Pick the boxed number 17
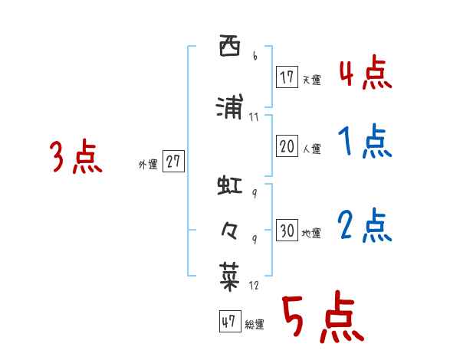tap(287, 77)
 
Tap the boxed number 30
tap(287, 231)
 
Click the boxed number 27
tap(173, 162)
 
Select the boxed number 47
tap(228, 322)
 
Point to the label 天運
tap(311, 80)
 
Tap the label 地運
tap(311, 234)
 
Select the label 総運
tap(254, 325)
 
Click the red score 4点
tap(365, 74)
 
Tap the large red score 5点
tap(321, 319)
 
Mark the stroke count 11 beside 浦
tap(254, 116)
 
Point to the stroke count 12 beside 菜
tap(255, 286)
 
